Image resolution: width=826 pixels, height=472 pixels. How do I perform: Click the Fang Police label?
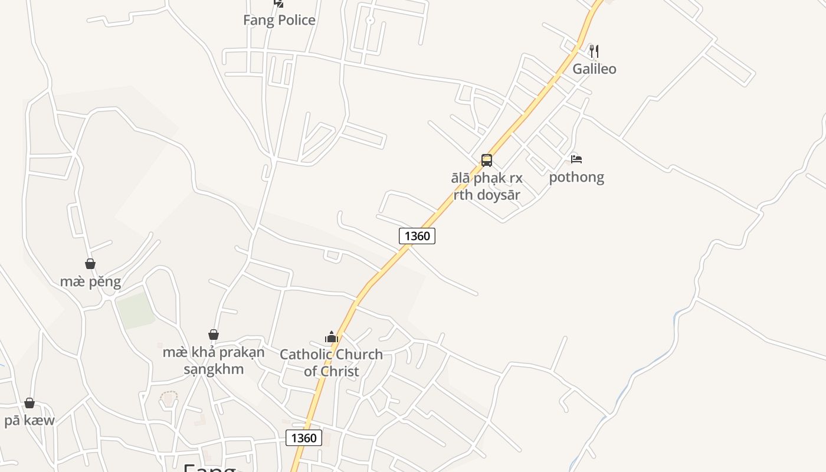pos(279,20)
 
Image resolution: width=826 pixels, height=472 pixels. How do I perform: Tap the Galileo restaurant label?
pos(594,69)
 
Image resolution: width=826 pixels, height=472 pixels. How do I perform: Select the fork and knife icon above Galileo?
pos(594,51)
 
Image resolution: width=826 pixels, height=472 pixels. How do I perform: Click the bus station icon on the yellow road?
pos(486,160)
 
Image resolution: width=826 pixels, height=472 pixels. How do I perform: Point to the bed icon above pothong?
pos(576,159)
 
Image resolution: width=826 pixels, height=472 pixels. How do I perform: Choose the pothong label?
pos(576,177)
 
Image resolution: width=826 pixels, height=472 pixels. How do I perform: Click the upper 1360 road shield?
pos(417,236)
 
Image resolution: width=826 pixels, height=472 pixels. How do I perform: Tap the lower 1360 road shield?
pos(304,438)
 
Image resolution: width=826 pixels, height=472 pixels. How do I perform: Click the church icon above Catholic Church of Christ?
pos(331,337)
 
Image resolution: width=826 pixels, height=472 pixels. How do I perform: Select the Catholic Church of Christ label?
pos(331,363)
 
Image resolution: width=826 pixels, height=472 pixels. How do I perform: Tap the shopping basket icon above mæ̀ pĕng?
pos(90,264)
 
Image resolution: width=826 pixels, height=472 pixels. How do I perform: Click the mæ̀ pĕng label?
pos(90,282)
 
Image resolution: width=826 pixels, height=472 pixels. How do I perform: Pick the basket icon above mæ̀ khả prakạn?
pos(214,335)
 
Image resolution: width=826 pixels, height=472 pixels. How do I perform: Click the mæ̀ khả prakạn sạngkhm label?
pos(214,361)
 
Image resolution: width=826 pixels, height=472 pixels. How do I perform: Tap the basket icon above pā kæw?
pos(29,403)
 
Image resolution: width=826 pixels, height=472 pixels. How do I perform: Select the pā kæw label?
pos(29,421)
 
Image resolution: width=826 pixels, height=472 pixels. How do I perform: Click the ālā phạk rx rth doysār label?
pos(486,186)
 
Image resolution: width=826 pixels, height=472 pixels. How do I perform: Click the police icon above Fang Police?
pos(278,3)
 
